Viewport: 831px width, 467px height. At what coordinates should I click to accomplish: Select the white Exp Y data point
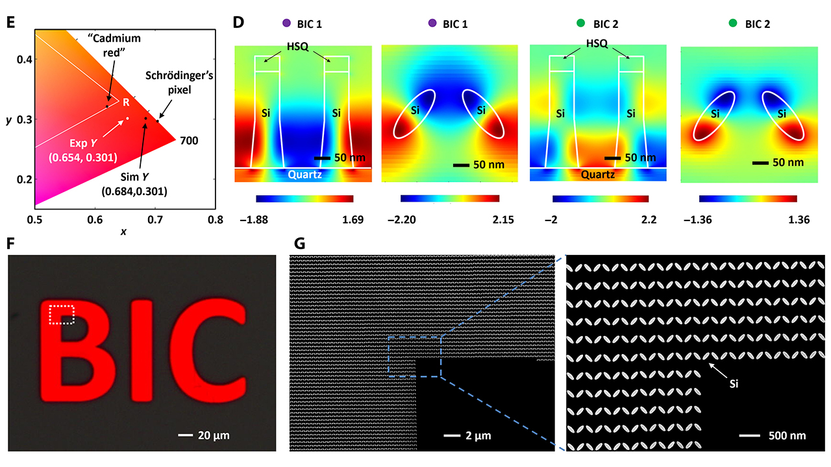coord(127,119)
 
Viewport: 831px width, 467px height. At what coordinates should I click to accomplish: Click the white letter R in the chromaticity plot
coord(126,102)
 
